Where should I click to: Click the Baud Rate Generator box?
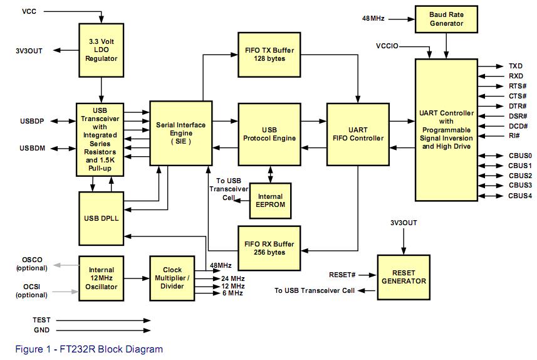tap(446, 19)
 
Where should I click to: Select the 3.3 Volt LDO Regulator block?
tap(102, 50)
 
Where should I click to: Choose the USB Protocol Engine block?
tap(269, 134)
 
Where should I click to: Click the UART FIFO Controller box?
tap(357, 134)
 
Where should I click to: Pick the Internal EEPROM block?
tap(270, 200)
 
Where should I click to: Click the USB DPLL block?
tap(101, 218)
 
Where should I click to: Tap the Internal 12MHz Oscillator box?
tap(102, 278)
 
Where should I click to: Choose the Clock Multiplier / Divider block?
tap(172, 278)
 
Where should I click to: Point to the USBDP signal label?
tap(31, 120)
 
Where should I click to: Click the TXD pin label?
tap(515, 66)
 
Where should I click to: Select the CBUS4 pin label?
tap(519, 196)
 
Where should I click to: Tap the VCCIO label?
tap(388, 46)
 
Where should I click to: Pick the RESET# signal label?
tap(342, 275)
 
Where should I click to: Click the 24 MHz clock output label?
tap(232, 278)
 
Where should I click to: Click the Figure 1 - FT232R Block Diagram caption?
tap(89, 349)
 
